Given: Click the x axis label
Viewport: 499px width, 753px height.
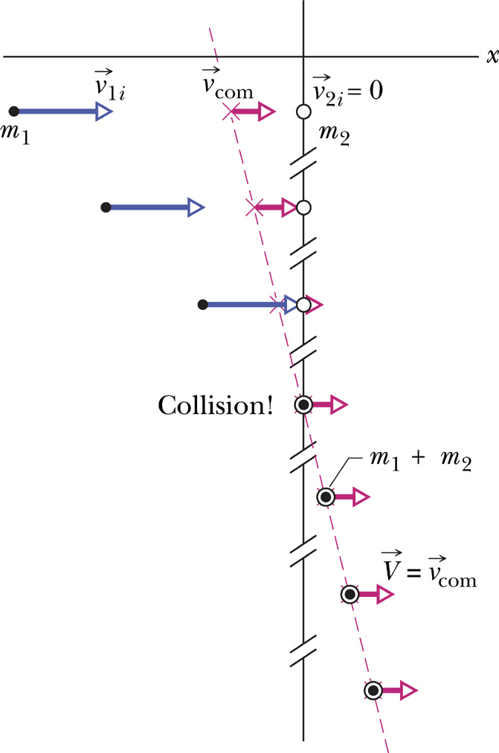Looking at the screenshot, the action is click(491, 56).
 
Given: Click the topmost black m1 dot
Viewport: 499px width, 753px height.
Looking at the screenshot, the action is click(13, 112).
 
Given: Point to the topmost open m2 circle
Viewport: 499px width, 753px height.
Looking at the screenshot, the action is click(303, 112).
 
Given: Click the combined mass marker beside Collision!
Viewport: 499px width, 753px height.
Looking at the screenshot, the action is click(303, 405).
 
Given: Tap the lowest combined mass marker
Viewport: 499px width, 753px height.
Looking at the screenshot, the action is click(373, 691).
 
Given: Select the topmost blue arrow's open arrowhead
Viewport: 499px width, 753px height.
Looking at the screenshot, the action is click(103, 112).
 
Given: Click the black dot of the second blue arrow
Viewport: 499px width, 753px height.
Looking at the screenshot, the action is click(106, 207).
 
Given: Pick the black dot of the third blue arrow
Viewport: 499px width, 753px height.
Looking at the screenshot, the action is click(202, 304).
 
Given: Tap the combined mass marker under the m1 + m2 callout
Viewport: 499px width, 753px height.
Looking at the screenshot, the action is click(325, 497).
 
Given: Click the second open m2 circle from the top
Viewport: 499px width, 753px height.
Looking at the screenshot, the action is click(303, 207).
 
